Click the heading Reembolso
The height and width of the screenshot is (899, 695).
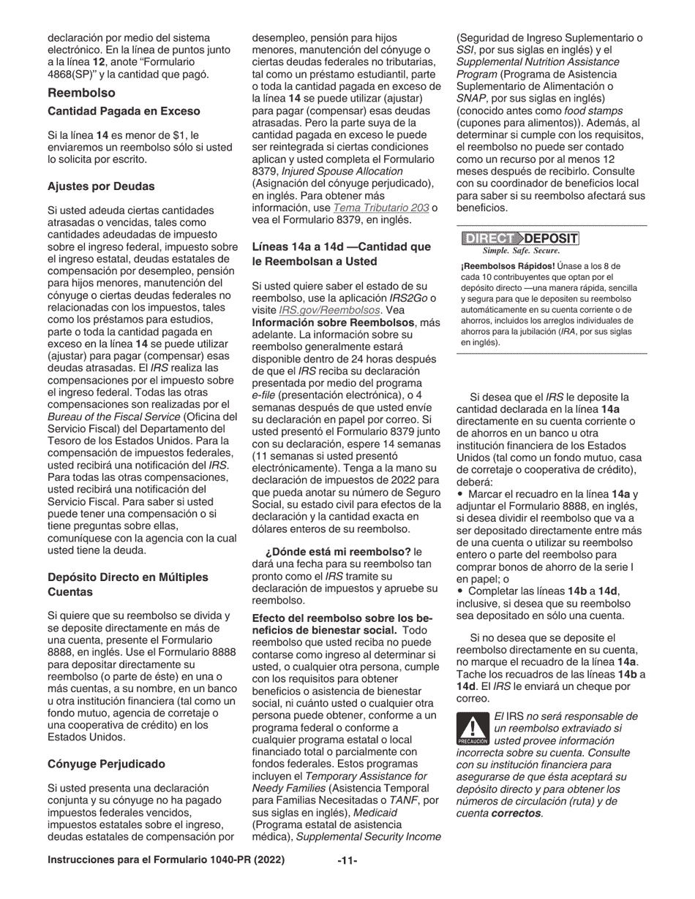tap(81, 93)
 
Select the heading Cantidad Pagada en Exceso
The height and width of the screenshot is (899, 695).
tap(124, 111)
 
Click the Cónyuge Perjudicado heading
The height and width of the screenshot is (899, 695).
tap(106, 764)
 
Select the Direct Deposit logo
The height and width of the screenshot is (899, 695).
tap(520, 238)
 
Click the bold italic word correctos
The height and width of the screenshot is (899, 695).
tap(516, 813)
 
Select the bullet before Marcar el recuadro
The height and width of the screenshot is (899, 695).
tap(459, 495)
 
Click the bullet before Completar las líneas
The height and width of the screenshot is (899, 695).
tap(459, 591)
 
